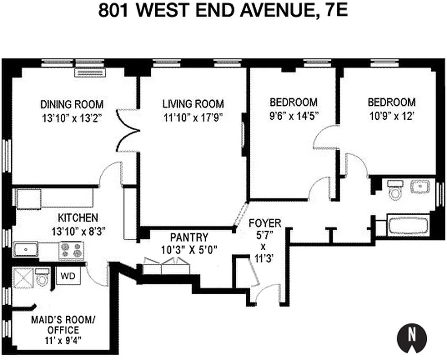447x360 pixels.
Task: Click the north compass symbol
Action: [x=411, y=336]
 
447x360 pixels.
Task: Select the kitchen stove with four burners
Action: [x=71, y=251]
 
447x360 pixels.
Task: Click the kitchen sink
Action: [x=25, y=248]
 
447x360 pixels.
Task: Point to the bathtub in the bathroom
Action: [x=409, y=225]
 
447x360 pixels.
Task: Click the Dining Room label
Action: [x=72, y=104]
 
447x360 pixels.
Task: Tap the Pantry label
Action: [x=189, y=237]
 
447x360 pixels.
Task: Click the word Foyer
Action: [x=265, y=223]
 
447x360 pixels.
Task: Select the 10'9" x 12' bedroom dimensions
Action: [x=391, y=116]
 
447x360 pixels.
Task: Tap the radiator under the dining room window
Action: [x=90, y=72]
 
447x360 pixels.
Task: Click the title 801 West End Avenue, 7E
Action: [x=223, y=11]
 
